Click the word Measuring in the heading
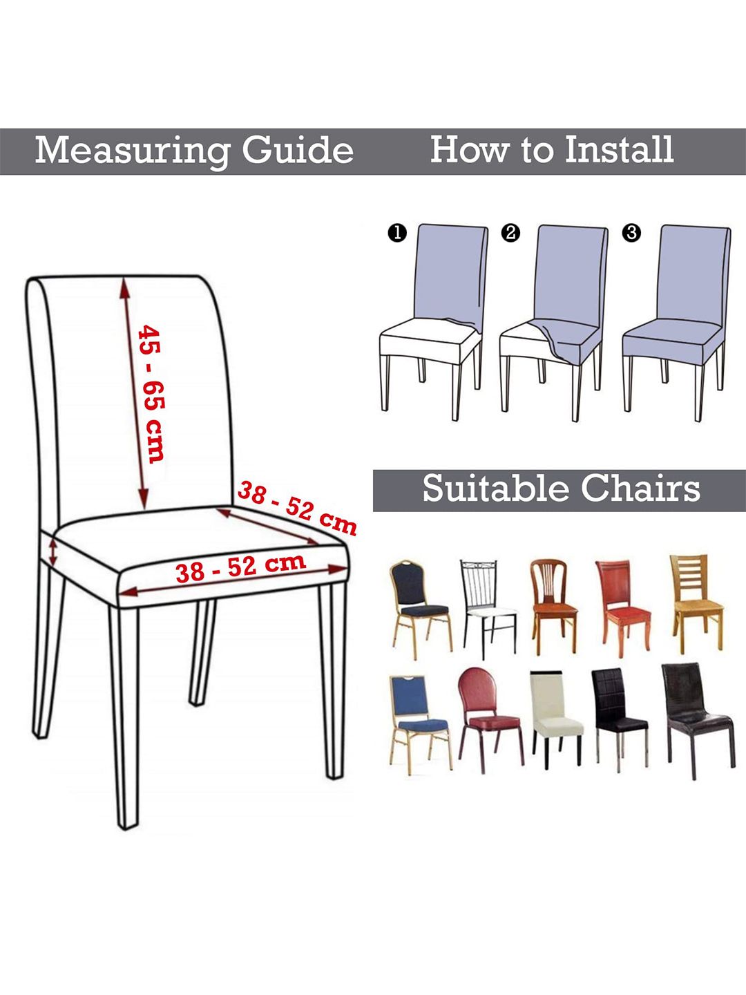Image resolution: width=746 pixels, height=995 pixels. [131, 151]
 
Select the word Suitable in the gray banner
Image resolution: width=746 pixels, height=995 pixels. [495, 489]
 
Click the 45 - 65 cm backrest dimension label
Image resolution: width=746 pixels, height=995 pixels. [151, 393]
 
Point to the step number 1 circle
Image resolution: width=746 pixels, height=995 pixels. [397, 233]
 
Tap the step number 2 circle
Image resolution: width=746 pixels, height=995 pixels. [510, 233]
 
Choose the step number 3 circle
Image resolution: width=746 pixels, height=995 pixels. [632, 233]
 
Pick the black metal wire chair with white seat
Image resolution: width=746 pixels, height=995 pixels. [488, 609]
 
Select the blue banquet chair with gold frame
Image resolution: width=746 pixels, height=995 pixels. [420, 724]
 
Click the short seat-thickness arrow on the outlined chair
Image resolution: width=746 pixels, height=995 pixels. [53, 551]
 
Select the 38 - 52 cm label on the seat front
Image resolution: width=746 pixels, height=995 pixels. [240, 567]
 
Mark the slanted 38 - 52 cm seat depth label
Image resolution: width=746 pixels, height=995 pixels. [297, 508]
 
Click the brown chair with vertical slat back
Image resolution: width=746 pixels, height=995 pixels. [553, 607]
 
